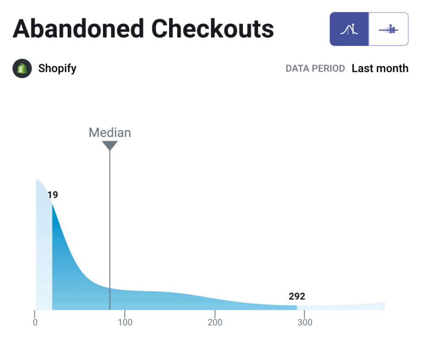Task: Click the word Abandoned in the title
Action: coord(79,29)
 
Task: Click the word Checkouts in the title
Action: coord(213,29)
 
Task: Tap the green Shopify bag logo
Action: coord(22,69)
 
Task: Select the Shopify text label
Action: coord(57,69)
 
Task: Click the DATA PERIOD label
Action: coord(315,69)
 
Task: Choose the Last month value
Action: coord(380,69)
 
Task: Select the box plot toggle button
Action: coord(389,29)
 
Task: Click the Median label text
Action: coord(109,132)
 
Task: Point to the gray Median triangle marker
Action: coord(109,145)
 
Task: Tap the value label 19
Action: coord(52,195)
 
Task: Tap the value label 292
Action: coord(297,297)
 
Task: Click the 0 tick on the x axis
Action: coord(35,323)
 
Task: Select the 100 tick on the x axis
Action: coord(125,323)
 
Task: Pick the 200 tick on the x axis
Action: coord(215,323)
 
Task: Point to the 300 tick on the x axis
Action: coord(305,323)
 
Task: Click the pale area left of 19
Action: coord(44,256)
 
